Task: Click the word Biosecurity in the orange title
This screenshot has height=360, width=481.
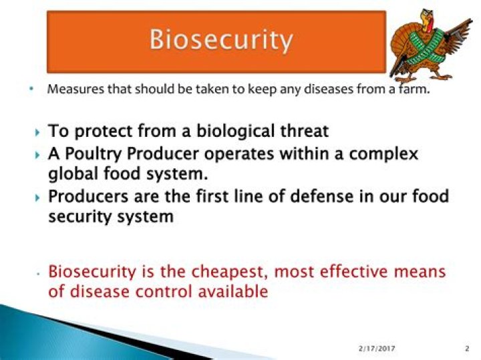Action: pyautogui.click(x=221, y=40)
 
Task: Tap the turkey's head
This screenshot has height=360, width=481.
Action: pyautogui.click(x=428, y=19)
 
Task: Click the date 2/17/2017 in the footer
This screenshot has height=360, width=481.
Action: pyautogui.click(x=377, y=349)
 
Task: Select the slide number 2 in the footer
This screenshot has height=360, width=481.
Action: pyautogui.click(x=467, y=349)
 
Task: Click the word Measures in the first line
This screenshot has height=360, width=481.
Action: pyautogui.click(x=75, y=89)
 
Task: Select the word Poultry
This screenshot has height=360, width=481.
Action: pyautogui.click(x=94, y=154)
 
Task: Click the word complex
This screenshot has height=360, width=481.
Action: pyautogui.click(x=383, y=154)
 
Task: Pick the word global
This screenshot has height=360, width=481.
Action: pyautogui.click(x=73, y=174)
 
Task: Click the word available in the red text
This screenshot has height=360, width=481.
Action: pyautogui.click(x=233, y=291)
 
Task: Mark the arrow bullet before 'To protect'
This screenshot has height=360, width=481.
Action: pyautogui.click(x=37, y=133)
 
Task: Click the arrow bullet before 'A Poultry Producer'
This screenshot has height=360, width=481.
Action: pyautogui.click(x=37, y=155)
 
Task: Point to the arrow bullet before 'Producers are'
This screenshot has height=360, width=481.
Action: pyautogui.click(x=37, y=198)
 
